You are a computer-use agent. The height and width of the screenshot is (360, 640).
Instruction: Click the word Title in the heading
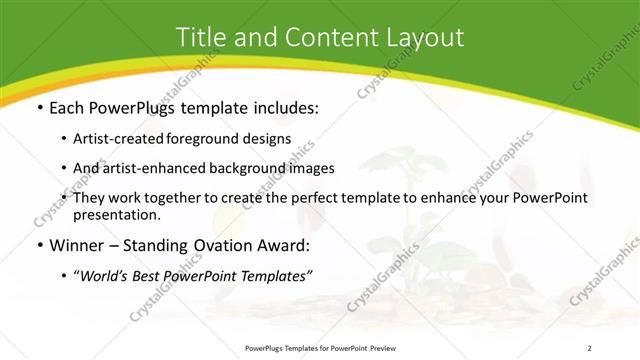(199, 37)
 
